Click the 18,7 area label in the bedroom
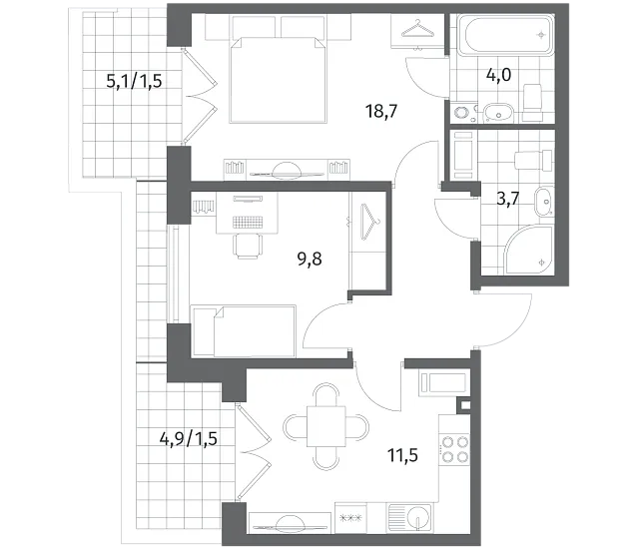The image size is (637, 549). pyautogui.click(x=380, y=111)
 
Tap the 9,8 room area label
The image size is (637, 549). pyautogui.click(x=310, y=259)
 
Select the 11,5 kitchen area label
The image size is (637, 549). pyautogui.click(x=402, y=455)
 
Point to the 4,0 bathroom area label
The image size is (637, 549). pyautogui.click(x=498, y=75)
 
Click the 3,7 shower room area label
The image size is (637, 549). pyautogui.click(x=508, y=199)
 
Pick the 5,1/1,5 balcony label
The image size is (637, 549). pyautogui.click(x=134, y=81)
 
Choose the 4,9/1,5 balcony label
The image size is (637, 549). pyautogui.click(x=189, y=439)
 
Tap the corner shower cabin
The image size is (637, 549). pyautogui.click(x=529, y=250)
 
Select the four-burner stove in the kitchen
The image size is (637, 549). pyautogui.click(x=454, y=448)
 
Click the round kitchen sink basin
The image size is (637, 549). pyautogui.click(x=419, y=517)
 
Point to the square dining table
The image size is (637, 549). pyautogui.click(x=326, y=426)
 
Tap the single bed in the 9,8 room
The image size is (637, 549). pyautogui.click(x=244, y=331)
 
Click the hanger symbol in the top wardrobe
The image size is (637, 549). pyautogui.click(x=417, y=29)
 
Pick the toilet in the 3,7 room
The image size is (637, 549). pyautogui.click(x=533, y=159)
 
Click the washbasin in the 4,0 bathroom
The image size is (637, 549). pyautogui.click(x=498, y=112)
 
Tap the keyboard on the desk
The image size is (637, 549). pyautogui.click(x=247, y=222)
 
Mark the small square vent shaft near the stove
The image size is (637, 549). pyautogui.click(x=465, y=405)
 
